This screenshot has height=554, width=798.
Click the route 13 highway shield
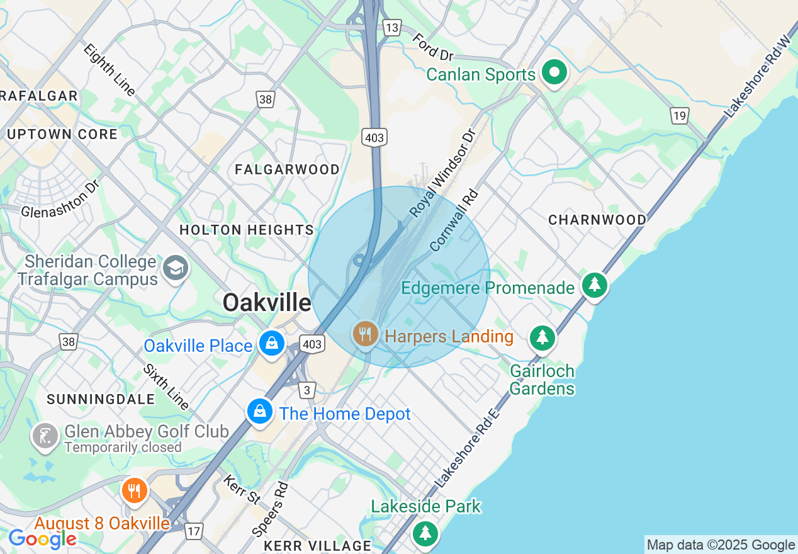pos(391,28)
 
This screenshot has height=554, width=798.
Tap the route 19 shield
pos(679,116)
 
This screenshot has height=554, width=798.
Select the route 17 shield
pos(194,531)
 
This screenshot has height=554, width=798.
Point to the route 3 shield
pos(306,391)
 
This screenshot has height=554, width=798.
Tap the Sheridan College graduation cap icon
pos(176,269)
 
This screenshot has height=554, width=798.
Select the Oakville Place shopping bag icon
pos(272,343)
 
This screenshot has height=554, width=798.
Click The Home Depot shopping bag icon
pos(259,412)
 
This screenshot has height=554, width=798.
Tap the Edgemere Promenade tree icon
pos(594,285)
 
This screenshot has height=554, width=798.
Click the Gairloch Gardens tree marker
pos(542,338)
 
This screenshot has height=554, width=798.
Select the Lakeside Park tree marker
pos(425,533)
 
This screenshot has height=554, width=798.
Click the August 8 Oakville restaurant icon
pos(134,490)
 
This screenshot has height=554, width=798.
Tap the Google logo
pos(42,538)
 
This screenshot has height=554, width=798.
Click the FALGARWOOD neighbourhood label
pos(287,169)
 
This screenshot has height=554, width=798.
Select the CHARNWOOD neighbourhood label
pos(597,220)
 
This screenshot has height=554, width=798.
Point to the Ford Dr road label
pos(434,47)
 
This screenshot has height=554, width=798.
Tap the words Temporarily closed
pos(123,448)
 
